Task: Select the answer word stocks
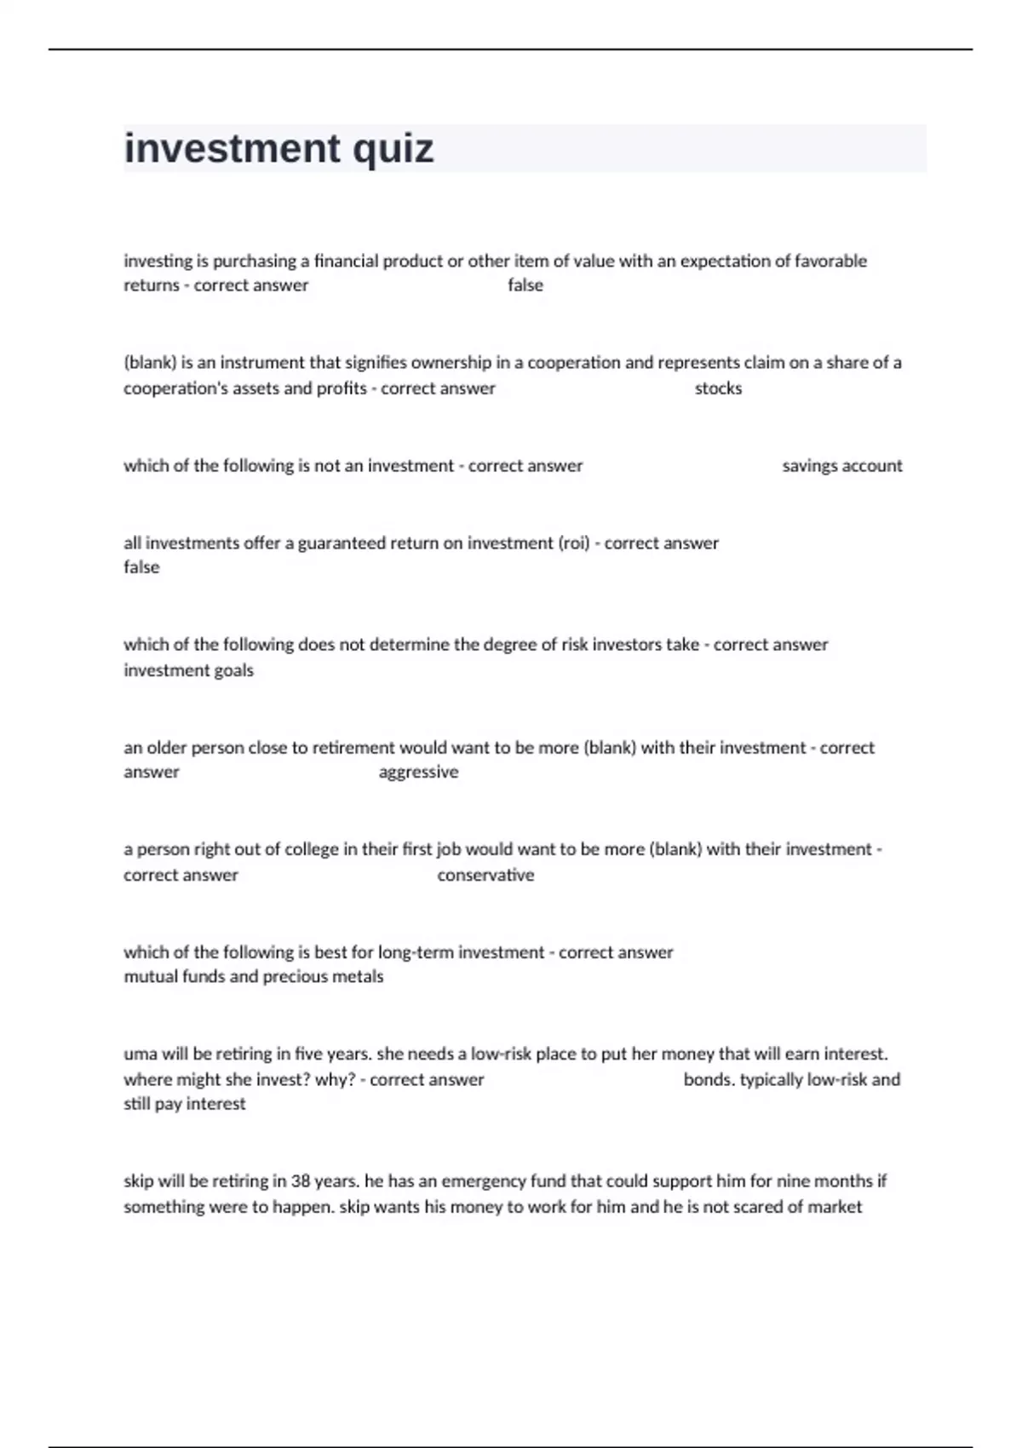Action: click(718, 388)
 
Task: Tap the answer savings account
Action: click(841, 466)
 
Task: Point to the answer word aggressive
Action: click(418, 772)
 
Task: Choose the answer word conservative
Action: click(485, 875)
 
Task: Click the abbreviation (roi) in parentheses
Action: click(574, 543)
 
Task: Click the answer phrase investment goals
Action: click(188, 670)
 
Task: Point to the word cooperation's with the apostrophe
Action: click(181, 388)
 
